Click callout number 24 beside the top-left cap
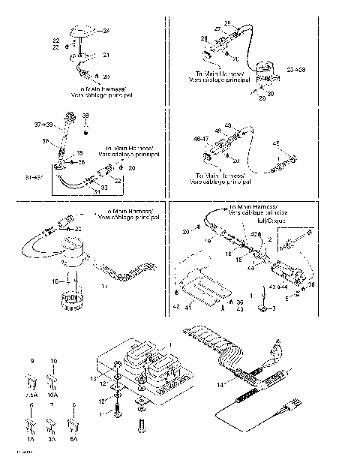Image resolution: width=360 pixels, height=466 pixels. pyautogui.click(x=106, y=30)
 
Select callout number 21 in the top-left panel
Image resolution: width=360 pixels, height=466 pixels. pyautogui.click(x=106, y=55)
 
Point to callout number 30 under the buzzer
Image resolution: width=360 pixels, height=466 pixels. pyautogui.click(x=292, y=94)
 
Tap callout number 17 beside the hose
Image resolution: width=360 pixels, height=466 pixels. pyautogui.click(x=103, y=286)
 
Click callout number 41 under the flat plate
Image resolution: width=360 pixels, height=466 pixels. pyautogui.click(x=190, y=307)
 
